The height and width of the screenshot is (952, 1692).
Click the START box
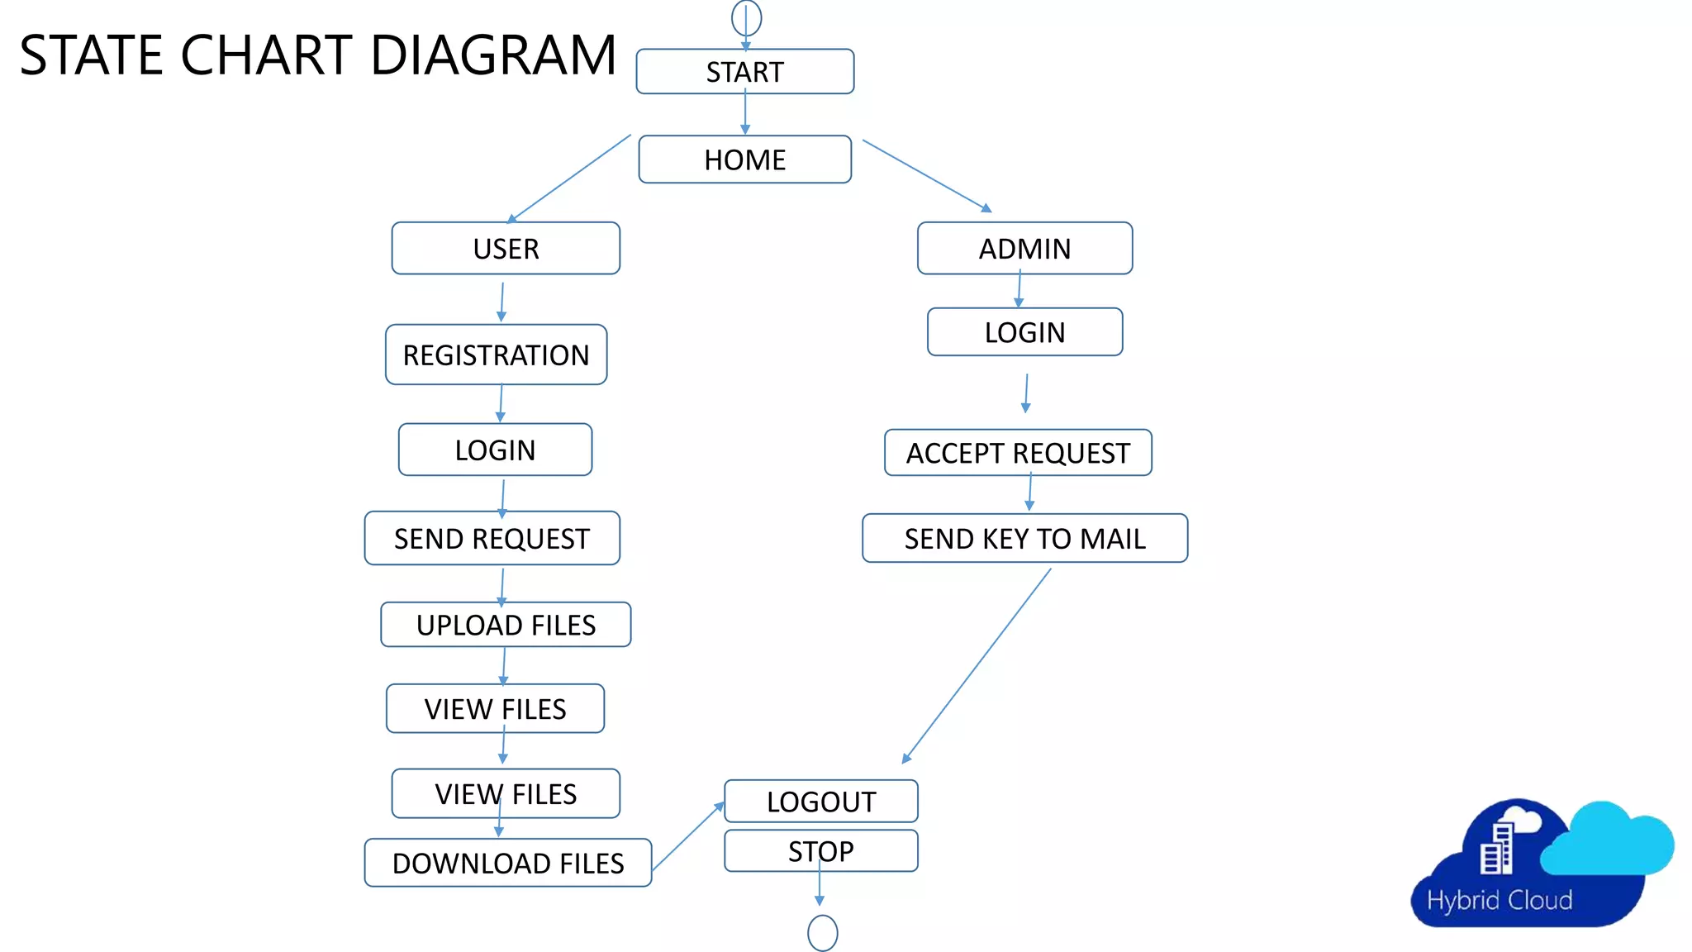(744, 72)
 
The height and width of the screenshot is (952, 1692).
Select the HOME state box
(744, 159)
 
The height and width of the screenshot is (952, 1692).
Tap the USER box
(506, 249)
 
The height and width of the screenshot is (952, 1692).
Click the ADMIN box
(1024, 249)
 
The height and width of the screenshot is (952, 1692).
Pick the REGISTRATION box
(496, 355)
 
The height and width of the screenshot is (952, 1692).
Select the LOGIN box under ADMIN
(1024, 332)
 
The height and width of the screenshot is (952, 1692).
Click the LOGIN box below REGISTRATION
(495, 450)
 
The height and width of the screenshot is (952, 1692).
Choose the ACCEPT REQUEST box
(1018, 453)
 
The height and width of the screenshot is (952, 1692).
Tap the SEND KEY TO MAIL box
(1024, 539)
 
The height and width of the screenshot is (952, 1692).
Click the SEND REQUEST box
(492, 539)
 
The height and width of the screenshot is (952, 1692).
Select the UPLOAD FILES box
(506, 625)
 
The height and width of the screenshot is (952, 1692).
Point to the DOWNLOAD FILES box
(507, 864)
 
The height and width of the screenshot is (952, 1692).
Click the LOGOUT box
(820, 802)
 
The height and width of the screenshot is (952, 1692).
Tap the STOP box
(820, 851)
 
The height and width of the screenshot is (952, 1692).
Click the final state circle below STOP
(822, 933)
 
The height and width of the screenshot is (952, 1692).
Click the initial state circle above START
(746, 17)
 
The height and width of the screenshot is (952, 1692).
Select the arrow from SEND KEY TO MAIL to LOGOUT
(977, 665)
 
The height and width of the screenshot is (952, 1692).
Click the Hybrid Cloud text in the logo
(1499, 900)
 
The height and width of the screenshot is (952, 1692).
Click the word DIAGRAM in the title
(493, 55)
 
